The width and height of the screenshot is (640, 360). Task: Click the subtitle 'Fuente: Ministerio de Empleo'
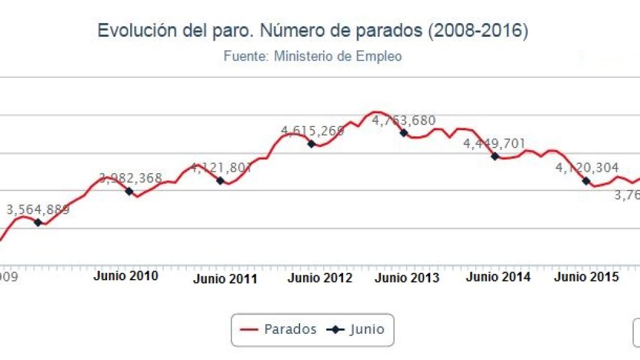click(313, 56)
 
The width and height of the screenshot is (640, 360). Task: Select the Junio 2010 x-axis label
click(126, 275)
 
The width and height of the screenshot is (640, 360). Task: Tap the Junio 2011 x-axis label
click(225, 279)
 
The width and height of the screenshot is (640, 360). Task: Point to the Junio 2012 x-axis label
click(319, 278)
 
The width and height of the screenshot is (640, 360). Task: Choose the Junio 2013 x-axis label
click(407, 278)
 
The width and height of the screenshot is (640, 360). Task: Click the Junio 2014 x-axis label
click(499, 277)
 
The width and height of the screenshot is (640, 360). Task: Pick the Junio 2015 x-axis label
click(586, 277)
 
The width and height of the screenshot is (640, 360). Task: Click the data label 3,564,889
click(38, 210)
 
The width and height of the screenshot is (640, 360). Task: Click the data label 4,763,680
click(403, 120)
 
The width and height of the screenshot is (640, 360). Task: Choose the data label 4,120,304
click(586, 168)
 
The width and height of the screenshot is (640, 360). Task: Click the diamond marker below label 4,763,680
click(403, 133)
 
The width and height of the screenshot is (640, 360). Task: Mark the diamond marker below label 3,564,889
click(38, 222)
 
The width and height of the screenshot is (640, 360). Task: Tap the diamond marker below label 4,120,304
click(586, 181)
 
